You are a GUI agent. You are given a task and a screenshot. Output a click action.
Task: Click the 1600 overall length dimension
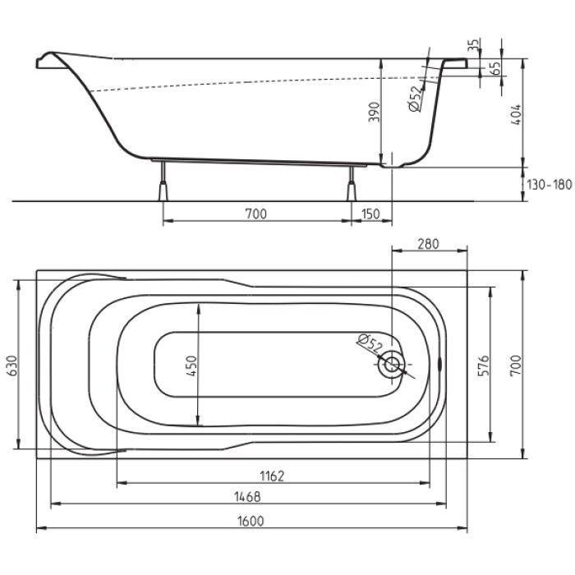click(x=252, y=519)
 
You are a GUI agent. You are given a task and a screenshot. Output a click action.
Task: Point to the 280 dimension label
click(x=429, y=243)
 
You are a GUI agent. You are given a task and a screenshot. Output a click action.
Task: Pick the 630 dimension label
click(x=10, y=365)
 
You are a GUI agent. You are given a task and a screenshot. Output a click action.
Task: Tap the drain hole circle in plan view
click(x=392, y=364)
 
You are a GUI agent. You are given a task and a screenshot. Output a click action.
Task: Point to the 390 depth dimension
click(x=374, y=113)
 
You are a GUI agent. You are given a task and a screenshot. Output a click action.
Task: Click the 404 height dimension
click(x=515, y=113)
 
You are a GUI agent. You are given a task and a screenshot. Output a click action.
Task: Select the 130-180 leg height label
click(x=550, y=184)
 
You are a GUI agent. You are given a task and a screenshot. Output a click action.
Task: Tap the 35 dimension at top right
click(x=471, y=46)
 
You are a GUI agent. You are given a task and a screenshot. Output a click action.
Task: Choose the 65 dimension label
click(x=495, y=68)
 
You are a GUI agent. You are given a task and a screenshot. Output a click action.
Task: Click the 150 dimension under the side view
click(x=370, y=214)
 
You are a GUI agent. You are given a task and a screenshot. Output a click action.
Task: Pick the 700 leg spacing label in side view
click(x=255, y=214)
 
